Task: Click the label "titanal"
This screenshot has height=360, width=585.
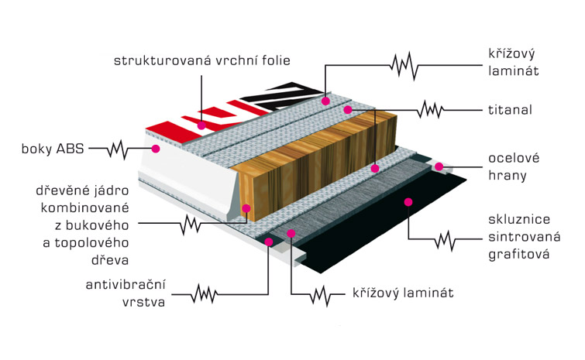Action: (x=510, y=110)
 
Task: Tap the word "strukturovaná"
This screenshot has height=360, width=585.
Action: (x=162, y=60)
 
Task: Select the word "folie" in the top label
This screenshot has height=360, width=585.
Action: (x=276, y=60)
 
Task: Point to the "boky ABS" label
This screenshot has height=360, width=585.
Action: (x=53, y=149)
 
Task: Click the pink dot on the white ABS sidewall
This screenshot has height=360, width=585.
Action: (x=156, y=149)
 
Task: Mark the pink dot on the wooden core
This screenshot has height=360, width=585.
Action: (x=246, y=208)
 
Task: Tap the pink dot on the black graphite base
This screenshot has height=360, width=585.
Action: (x=408, y=202)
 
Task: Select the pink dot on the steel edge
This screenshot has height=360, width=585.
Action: (x=439, y=166)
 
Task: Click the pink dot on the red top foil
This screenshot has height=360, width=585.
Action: (x=201, y=125)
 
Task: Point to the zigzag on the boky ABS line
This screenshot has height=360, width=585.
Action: (x=118, y=149)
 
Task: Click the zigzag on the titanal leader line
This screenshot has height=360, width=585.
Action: (x=430, y=110)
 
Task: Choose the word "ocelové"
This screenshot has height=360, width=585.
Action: (x=514, y=158)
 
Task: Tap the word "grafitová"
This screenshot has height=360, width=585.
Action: (x=519, y=255)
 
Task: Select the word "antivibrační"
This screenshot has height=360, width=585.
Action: (x=126, y=285)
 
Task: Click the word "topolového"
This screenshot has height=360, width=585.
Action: (x=91, y=243)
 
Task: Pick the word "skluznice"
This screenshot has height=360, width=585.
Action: (x=519, y=219)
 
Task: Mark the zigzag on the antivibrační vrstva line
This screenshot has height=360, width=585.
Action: (x=204, y=294)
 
